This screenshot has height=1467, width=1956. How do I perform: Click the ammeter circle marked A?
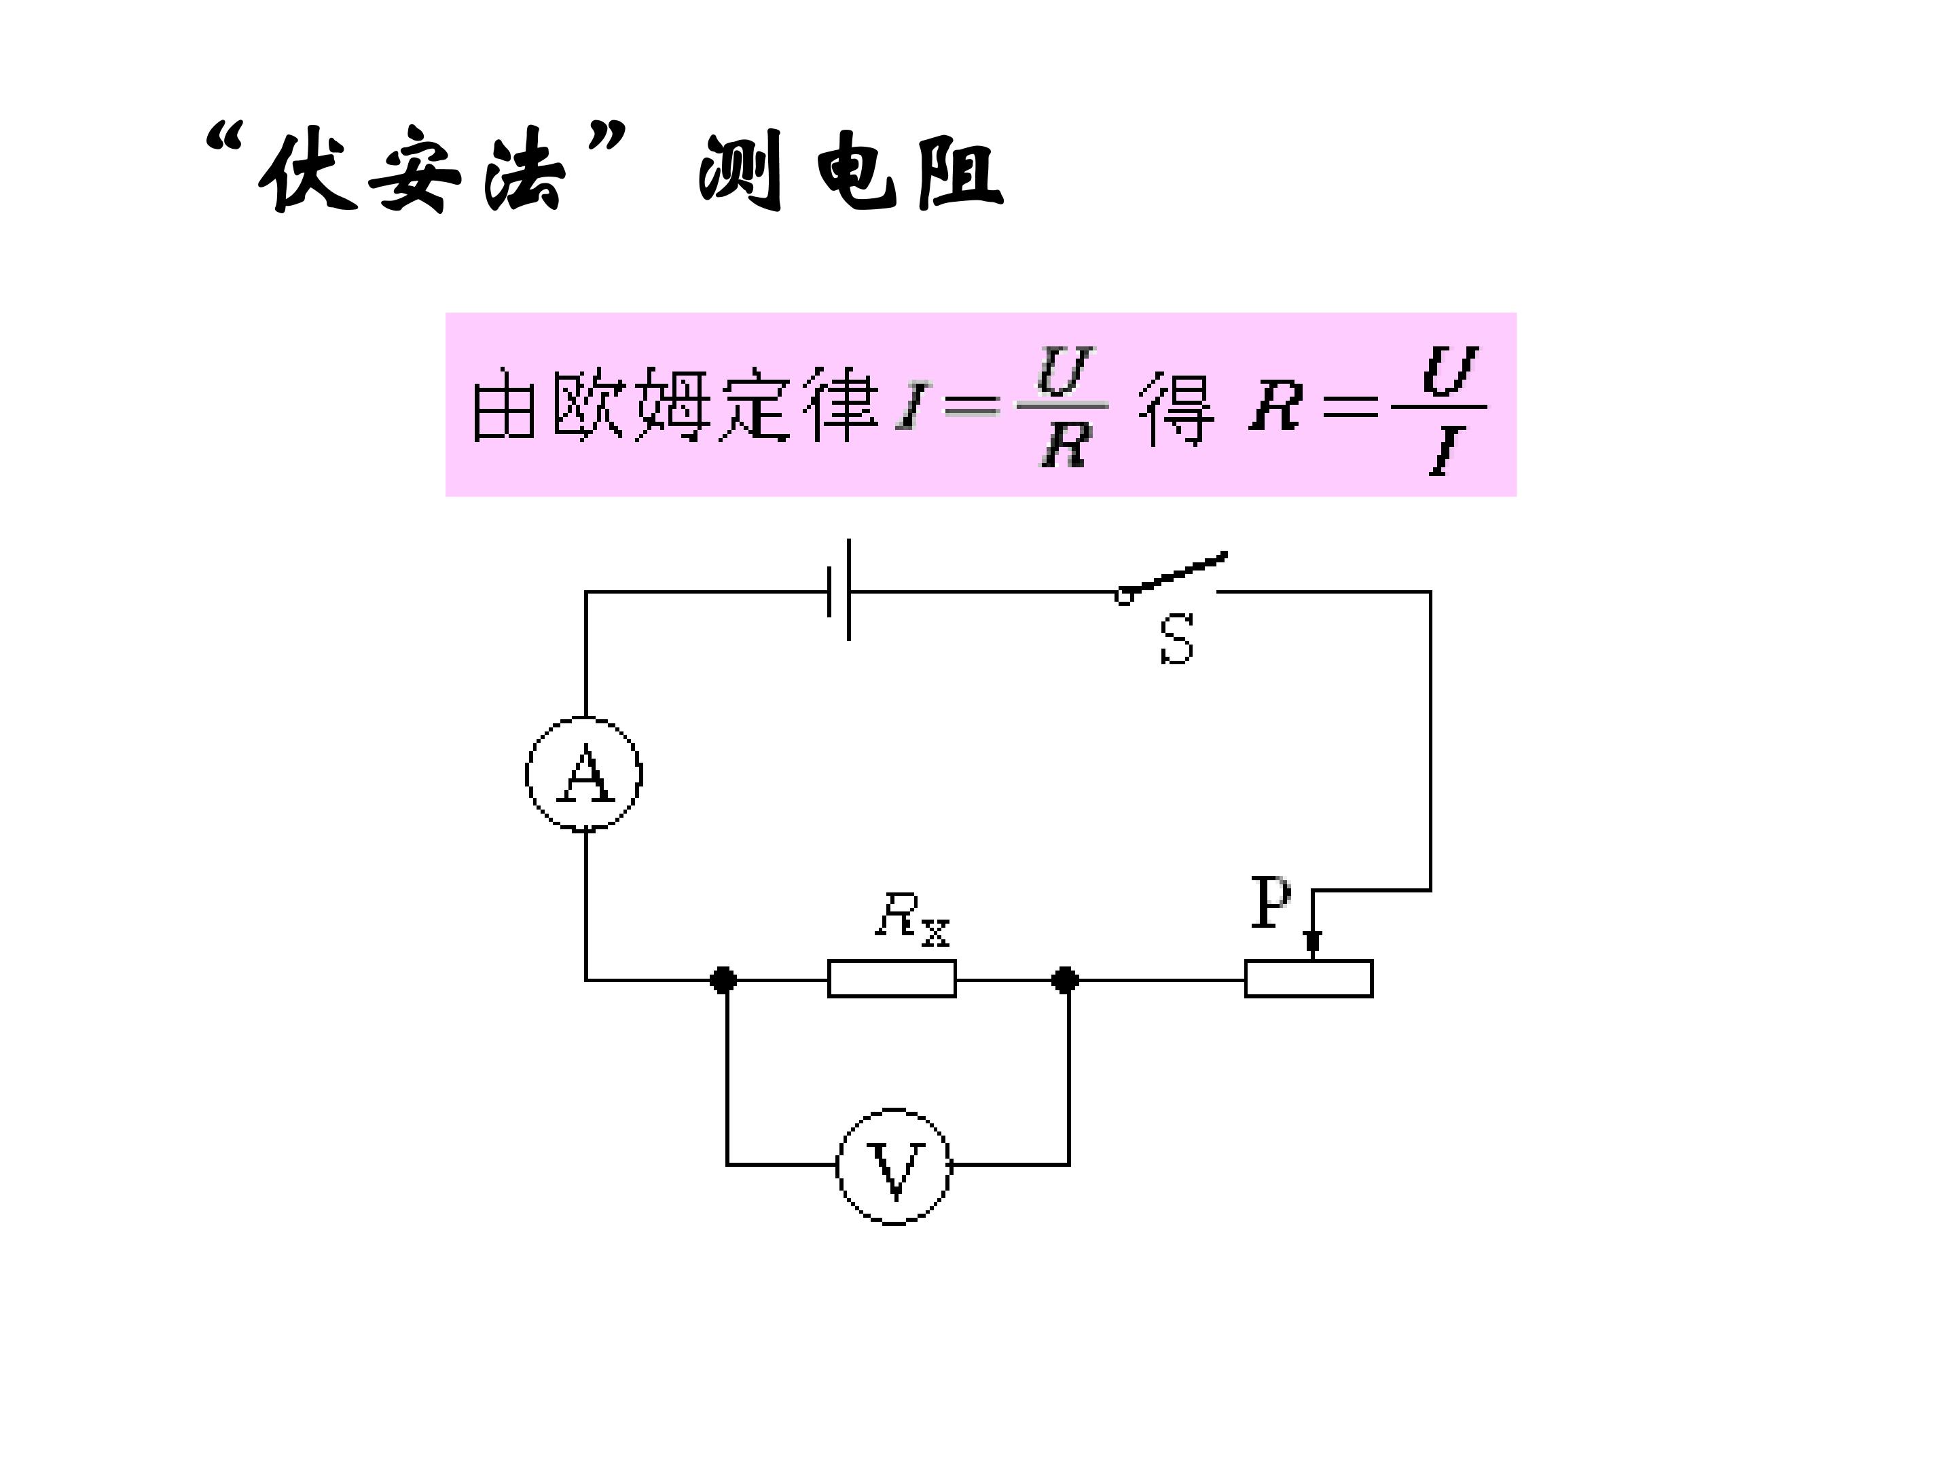[583, 774]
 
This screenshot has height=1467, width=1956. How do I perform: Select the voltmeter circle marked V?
[894, 1165]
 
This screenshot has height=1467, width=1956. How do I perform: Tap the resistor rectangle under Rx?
[891, 979]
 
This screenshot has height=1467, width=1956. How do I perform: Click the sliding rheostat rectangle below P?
[1309, 979]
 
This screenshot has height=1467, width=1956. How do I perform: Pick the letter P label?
[1271, 902]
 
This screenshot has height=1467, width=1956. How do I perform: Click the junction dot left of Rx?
[723, 980]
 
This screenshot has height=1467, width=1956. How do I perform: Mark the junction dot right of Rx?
[1065, 980]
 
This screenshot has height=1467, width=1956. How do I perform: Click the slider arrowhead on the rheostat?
[1313, 943]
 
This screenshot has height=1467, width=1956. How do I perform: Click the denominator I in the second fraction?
[1444, 451]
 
